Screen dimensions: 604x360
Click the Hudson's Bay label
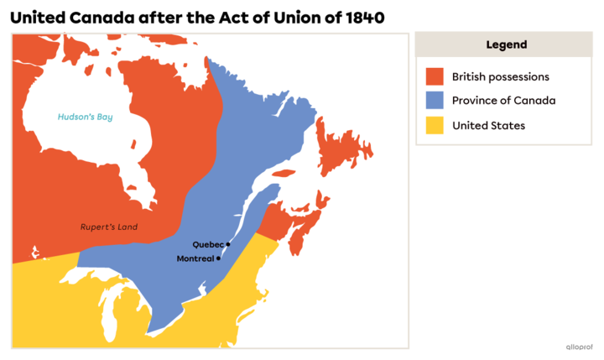click(85, 117)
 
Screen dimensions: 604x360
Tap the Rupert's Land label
click(109, 227)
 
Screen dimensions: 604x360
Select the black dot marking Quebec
click(228, 244)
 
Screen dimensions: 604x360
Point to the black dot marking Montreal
click(218, 258)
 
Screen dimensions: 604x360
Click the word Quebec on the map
click(208, 244)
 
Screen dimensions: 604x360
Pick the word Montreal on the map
click(195, 258)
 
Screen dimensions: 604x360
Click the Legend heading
click(506, 44)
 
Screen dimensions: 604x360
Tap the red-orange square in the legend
click(434, 76)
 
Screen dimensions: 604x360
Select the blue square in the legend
click(434, 101)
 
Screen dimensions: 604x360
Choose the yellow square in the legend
click(434, 125)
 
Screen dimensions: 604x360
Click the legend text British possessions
click(500, 76)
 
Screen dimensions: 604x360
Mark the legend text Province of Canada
click(503, 101)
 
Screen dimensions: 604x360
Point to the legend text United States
click(488, 125)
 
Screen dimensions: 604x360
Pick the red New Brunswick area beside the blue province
click(271, 222)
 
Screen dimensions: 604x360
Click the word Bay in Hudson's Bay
click(103, 117)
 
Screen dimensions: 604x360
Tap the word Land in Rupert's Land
click(126, 227)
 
